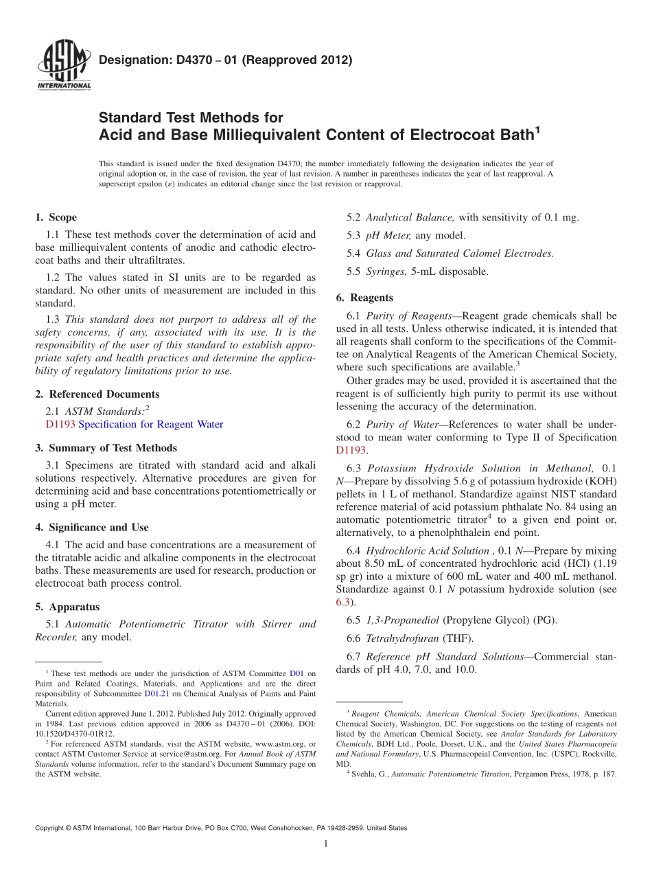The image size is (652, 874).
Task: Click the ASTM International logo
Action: [x=64, y=66]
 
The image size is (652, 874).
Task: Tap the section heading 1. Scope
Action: [x=56, y=217]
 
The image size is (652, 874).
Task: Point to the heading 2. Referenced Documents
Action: [x=97, y=394]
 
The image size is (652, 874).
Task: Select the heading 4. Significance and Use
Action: [x=92, y=527]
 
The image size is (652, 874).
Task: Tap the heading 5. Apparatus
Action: [x=67, y=607]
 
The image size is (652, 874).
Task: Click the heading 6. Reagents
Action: [x=364, y=298]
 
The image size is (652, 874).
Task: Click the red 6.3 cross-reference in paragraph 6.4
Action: [x=342, y=603]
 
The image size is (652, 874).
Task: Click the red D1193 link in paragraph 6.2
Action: [x=351, y=451]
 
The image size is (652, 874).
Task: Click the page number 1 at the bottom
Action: [x=326, y=844]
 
